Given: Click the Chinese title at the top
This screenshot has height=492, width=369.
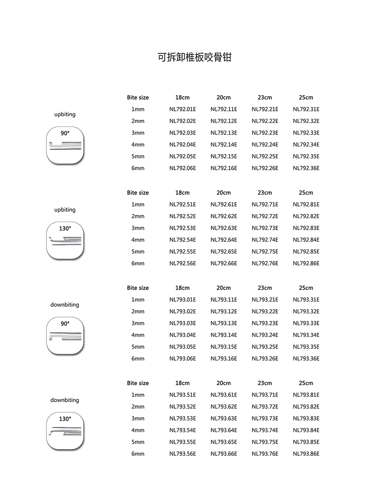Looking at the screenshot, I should pos(195,57).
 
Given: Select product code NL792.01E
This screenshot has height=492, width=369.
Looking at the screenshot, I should pos(182,109).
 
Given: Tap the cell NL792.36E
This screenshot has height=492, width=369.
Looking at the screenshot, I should pos(306,168).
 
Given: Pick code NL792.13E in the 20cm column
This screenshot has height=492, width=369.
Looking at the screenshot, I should pos(224,133).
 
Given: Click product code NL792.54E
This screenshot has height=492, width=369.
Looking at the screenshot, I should pos(182,240).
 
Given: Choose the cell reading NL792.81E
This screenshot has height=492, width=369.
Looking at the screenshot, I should pos(306,204).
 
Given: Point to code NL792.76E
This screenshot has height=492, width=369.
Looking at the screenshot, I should pos(265,263).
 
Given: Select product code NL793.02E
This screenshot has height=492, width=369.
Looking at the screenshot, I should pos(182,311).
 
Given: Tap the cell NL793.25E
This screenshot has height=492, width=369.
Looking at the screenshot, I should pos(265,347).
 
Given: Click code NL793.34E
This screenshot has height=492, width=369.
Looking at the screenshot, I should pos(306,335).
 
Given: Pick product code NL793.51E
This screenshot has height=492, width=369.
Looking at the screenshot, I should pos(182,395).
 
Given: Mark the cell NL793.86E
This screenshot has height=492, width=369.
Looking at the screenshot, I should pos(306,454).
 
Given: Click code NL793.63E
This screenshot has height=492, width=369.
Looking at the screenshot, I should pos(224,418).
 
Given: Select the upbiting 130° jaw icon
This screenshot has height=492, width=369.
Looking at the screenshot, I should pos(65,240).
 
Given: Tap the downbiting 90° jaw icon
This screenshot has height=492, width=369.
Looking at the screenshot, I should pos(65,336).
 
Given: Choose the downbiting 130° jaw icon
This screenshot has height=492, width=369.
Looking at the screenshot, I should pos(65,431).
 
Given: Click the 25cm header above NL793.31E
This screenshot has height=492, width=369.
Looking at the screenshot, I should pos(306,288).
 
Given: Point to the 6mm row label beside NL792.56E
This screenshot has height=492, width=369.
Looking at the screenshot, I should pos(138,263).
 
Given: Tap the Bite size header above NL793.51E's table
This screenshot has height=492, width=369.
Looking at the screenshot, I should pos(138,383).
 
